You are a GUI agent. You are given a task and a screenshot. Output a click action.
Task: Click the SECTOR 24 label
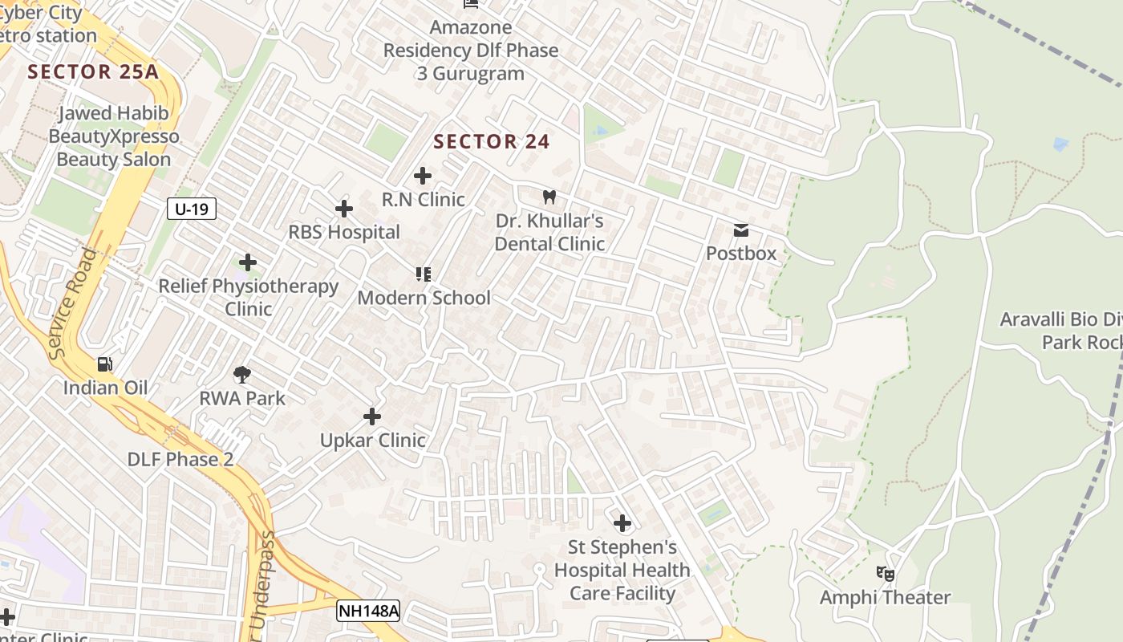(492, 142)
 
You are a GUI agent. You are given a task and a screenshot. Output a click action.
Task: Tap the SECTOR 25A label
(93, 71)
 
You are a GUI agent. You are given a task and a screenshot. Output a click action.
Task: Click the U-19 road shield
(192, 209)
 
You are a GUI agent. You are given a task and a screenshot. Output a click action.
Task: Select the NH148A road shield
(368, 611)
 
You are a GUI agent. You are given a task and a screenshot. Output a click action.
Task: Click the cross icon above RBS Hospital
(343, 209)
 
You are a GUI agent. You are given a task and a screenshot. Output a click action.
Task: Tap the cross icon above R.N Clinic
(422, 176)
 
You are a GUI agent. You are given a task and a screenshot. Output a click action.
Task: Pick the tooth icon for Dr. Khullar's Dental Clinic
(549, 197)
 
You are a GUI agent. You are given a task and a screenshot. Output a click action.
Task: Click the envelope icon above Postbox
(741, 230)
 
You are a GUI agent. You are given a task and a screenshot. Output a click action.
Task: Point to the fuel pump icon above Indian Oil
(105, 364)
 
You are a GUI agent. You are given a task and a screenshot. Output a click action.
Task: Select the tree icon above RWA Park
(241, 374)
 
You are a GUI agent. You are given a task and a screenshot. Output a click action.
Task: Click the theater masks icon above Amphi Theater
(885, 574)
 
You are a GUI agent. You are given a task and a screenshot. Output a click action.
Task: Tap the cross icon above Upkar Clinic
(372, 416)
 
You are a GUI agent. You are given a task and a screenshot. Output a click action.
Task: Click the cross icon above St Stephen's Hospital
(622, 524)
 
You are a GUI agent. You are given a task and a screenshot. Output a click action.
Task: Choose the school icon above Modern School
(424, 274)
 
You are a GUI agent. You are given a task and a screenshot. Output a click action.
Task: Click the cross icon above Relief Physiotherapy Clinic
(248, 262)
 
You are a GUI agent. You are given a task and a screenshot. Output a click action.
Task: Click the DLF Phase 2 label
(180, 460)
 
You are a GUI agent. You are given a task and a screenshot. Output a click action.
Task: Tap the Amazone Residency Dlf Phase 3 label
(471, 50)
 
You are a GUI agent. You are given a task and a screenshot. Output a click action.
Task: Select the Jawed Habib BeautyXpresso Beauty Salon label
(113, 136)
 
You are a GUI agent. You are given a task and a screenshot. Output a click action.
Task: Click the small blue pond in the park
(1060, 144)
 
